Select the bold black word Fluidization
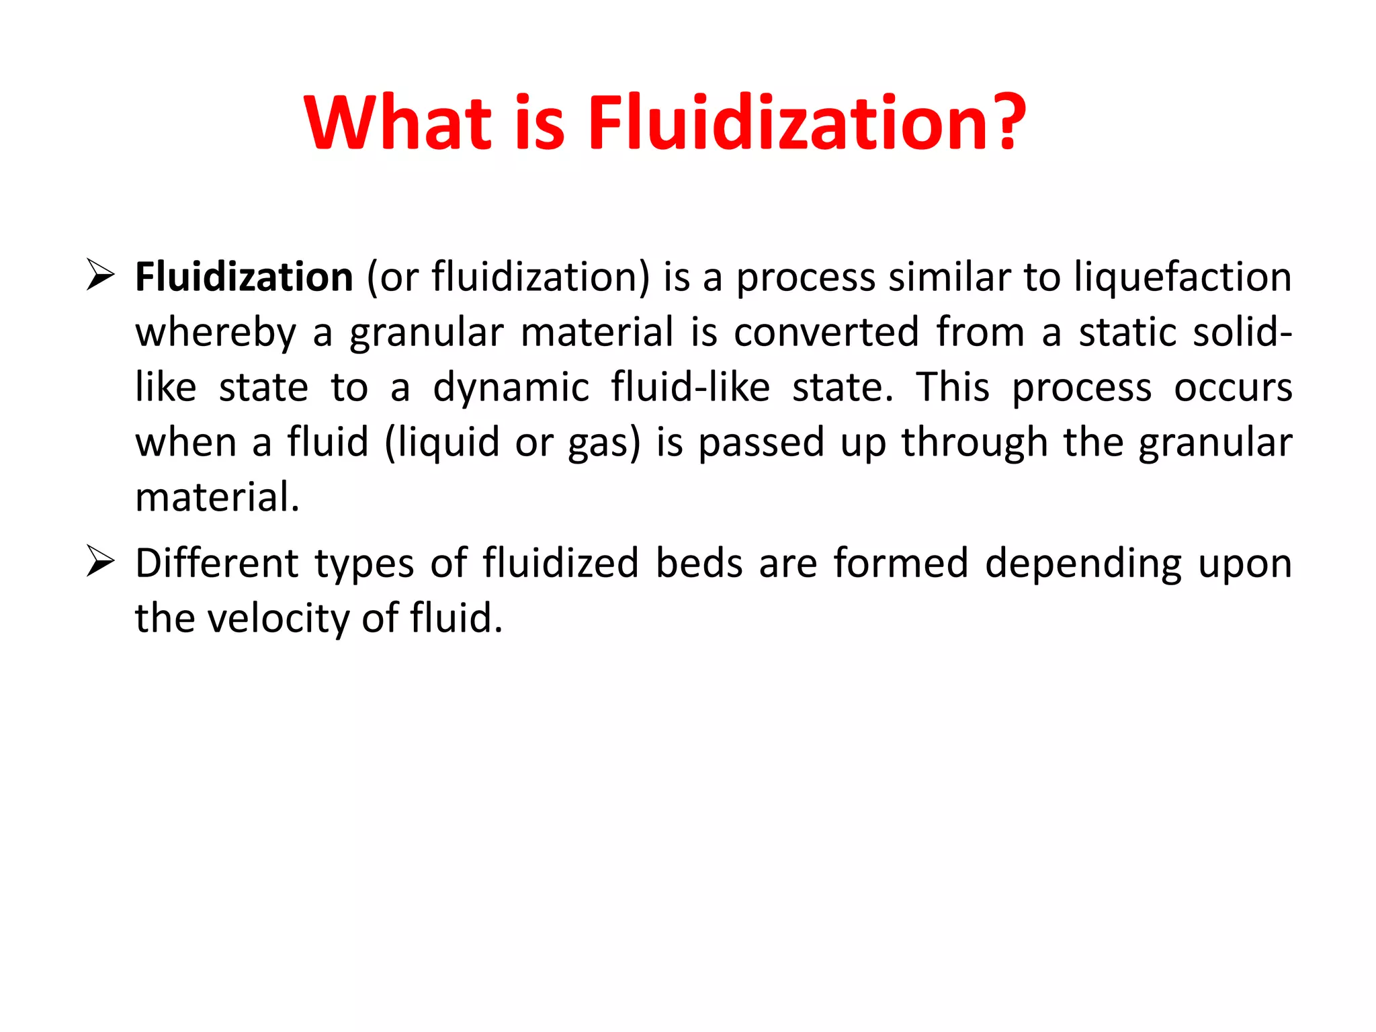tap(244, 277)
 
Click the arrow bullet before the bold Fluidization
tap(100, 276)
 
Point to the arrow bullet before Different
tap(100, 562)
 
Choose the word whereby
tap(216, 332)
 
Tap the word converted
tap(826, 332)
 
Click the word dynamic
tap(511, 388)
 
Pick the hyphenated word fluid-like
tap(690, 387)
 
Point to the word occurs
tap(1233, 388)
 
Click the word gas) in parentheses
tap(604, 443)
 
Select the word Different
tap(216, 562)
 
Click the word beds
tap(699, 562)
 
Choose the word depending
tap(1083, 564)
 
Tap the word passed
tap(761, 443)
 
